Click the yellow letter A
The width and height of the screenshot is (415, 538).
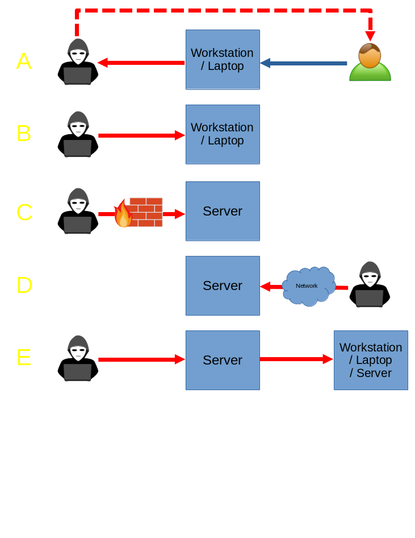24,61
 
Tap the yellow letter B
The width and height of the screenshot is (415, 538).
24,134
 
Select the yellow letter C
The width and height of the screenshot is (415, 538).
24,212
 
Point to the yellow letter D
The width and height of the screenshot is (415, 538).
24,285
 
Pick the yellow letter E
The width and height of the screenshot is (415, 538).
24,358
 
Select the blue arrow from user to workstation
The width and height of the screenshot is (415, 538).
304,63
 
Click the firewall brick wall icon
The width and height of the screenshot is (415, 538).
146,212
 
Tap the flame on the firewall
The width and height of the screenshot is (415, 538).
122,215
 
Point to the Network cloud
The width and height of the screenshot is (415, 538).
308,286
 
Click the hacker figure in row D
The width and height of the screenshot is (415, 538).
370,284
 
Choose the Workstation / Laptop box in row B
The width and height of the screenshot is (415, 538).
223,134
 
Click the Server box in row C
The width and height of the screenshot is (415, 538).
223,211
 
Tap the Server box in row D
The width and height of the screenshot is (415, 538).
223,285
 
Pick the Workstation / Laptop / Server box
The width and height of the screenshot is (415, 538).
371,360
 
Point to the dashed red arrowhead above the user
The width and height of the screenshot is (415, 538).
370,36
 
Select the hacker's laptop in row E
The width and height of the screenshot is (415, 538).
78,372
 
